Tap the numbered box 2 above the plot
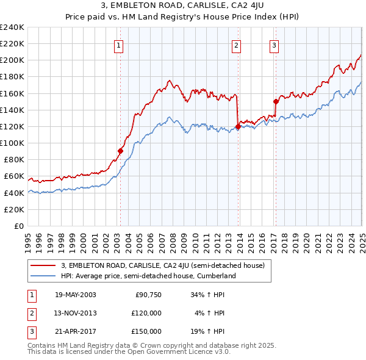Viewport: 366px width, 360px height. [236, 45]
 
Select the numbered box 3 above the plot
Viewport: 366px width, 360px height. [274, 45]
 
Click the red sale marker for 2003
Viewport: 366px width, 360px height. [121, 151]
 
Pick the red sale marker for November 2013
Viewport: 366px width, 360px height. [237, 127]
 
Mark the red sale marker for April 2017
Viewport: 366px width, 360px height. [276, 102]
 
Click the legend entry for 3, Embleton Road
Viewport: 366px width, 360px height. [162, 265]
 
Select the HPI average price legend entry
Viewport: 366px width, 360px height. [148, 276]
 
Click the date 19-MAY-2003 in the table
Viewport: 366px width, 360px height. [76, 295]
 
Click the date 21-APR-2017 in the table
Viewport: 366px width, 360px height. [76, 331]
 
